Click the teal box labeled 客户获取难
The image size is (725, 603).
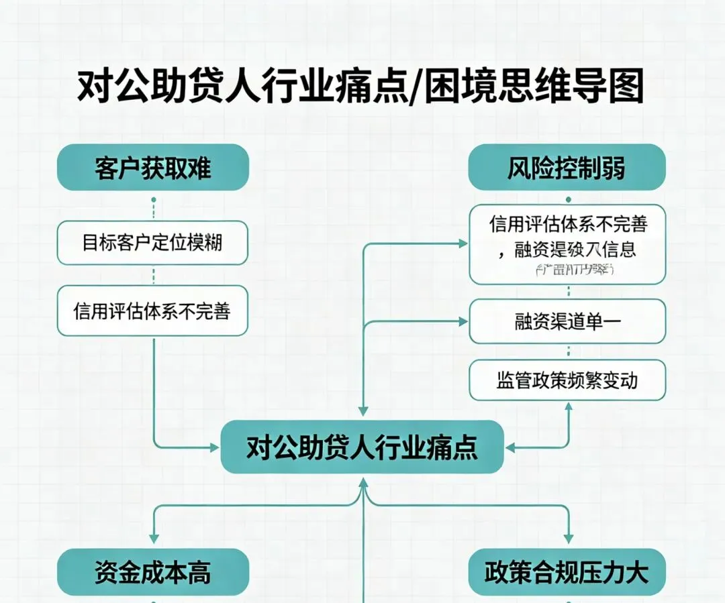tap(153, 167)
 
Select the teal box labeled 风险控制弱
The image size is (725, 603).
tap(567, 167)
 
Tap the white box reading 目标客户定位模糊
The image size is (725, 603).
tap(152, 242)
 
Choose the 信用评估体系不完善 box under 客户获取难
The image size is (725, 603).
tap(152, 311)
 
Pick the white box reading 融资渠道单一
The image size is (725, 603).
tap(567, 321)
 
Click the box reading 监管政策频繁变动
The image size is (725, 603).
tap(567, 380)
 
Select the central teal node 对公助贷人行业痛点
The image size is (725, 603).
tap(362, 447)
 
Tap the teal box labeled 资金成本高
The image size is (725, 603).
tap(153, 571)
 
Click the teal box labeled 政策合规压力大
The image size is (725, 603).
tap(567, 571)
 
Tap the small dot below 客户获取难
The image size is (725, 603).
tap(154, 200)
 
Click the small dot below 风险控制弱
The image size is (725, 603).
tap(569, 200)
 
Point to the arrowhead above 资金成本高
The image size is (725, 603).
tap(154, 538)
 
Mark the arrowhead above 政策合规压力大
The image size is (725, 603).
tap(569, 538)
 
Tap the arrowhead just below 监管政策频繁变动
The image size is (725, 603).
tap(569, 406)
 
